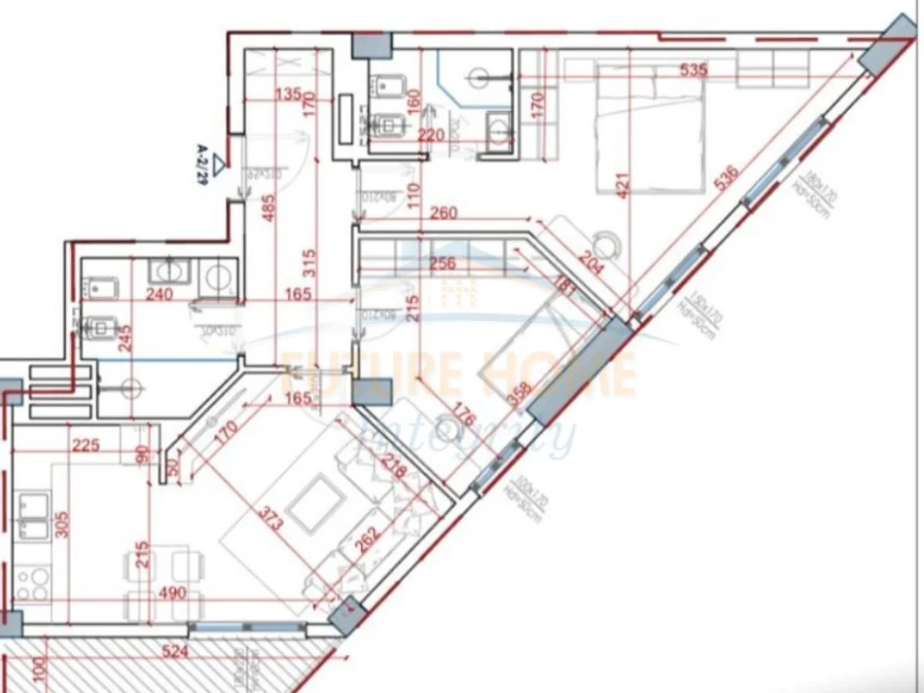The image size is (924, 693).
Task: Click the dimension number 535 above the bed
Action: [693, 70]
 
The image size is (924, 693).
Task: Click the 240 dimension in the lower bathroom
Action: [159, 294]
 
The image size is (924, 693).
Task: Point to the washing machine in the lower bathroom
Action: [216, 277]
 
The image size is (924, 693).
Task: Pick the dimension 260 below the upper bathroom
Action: [444, 213]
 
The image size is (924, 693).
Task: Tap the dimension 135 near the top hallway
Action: [286, 95]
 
